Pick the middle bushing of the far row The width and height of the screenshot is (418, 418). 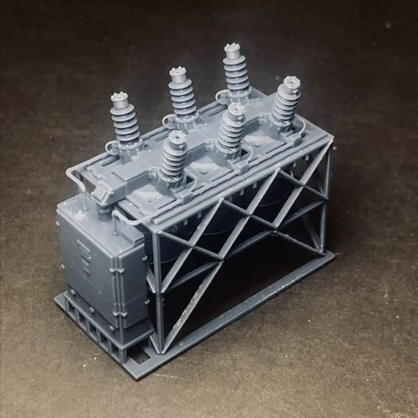click(182, 94)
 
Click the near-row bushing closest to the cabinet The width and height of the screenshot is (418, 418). click(173, 159)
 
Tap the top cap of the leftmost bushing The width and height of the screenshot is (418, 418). click(122, 98)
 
